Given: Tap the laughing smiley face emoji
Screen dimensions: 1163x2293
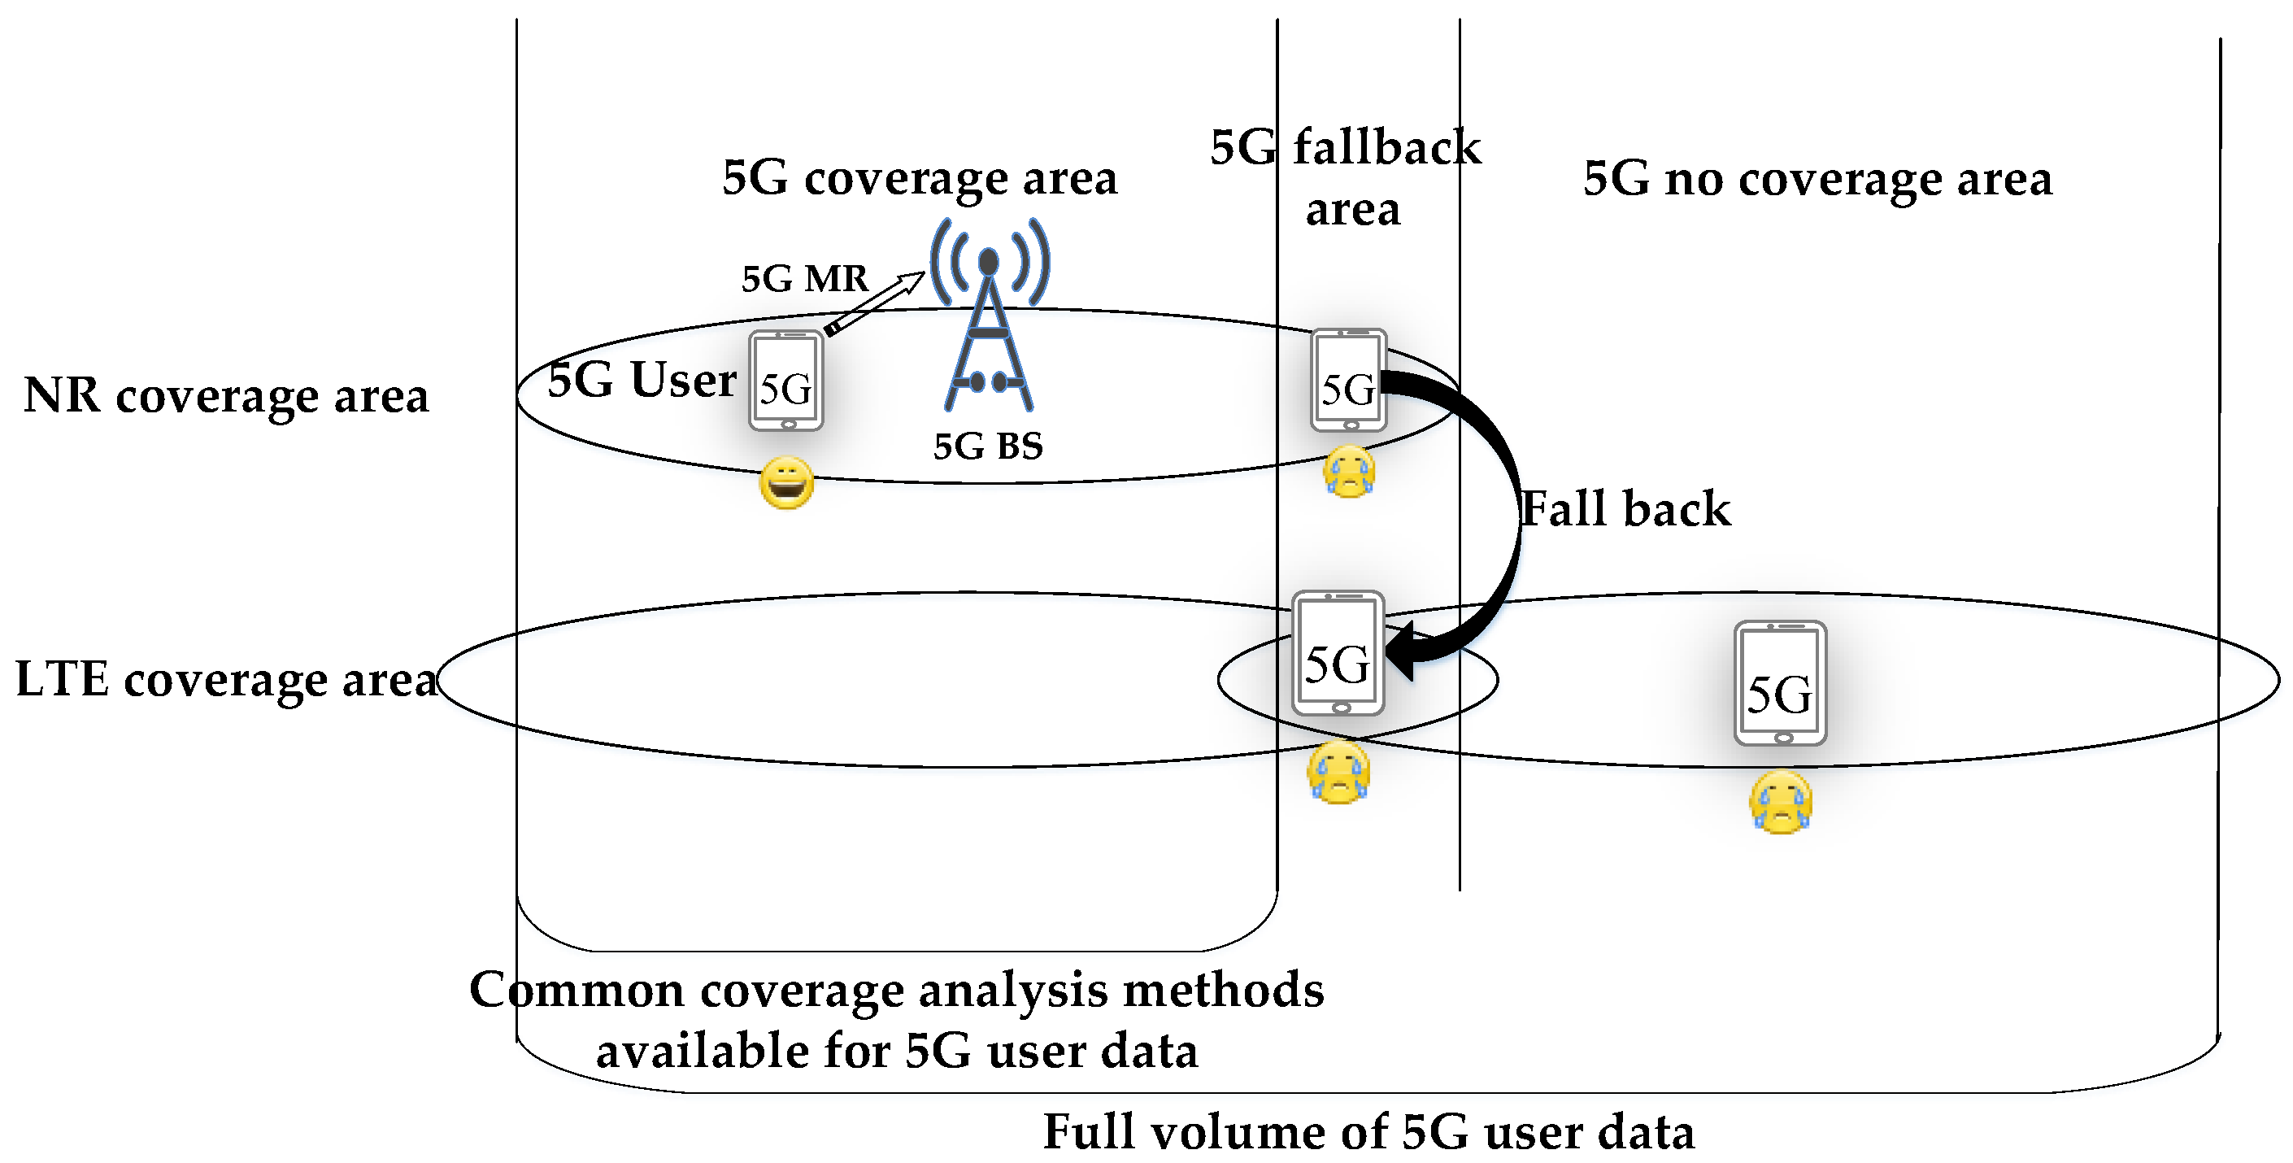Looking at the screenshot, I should click(786, 484).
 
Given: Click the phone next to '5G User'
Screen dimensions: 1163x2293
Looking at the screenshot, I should click(786, 381).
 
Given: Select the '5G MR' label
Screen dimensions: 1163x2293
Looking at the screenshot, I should click(804, 279).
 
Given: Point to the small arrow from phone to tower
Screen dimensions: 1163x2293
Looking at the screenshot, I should click(875, 303).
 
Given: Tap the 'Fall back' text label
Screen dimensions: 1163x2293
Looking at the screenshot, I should click(1625, 509).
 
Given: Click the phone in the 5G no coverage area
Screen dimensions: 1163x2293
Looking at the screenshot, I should click(1779, 684).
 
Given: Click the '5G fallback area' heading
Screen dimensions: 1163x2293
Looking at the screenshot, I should click(1346, 177).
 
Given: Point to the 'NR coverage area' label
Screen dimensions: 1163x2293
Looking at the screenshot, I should click(226, 395).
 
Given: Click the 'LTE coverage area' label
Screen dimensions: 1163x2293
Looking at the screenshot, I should click(226, 679).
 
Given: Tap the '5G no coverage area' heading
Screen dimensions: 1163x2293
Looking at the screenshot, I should click(1817, 178).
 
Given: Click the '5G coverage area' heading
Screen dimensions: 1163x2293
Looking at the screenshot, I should click(919, 178).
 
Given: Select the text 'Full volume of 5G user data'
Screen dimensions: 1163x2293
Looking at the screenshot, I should click(1368, 1132).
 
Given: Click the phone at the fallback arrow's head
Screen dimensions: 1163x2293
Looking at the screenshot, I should click(1338, 654).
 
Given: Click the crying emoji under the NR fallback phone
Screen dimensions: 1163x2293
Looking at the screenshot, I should click(1349, 473).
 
